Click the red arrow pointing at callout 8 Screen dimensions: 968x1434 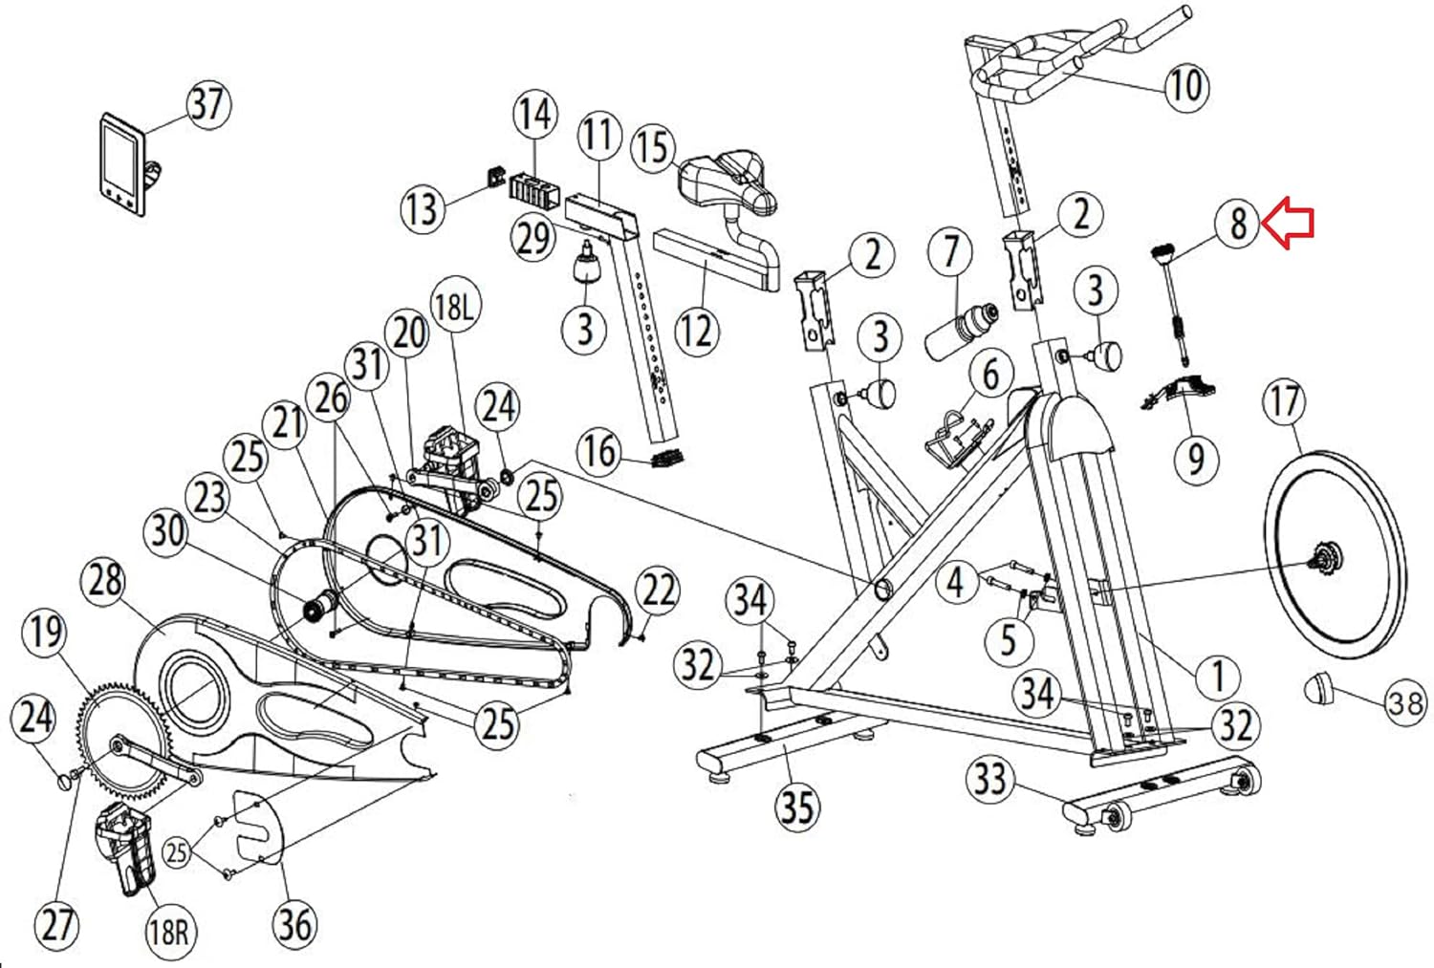pos(1290,224)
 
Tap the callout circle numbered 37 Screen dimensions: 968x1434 pos(208,103)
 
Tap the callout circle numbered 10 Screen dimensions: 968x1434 pos(1185,86)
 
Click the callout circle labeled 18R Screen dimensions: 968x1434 pos(168,929)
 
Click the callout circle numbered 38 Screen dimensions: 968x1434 pos(1405,703)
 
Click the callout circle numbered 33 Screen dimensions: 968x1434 pos(990,779)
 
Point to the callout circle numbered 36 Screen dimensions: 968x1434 pos(294,923)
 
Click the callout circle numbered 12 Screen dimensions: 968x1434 pos(696,331)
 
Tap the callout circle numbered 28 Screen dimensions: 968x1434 pos(105,580)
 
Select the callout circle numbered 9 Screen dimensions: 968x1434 pos(1196,458)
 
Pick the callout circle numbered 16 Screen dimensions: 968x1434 pos(600,449)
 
